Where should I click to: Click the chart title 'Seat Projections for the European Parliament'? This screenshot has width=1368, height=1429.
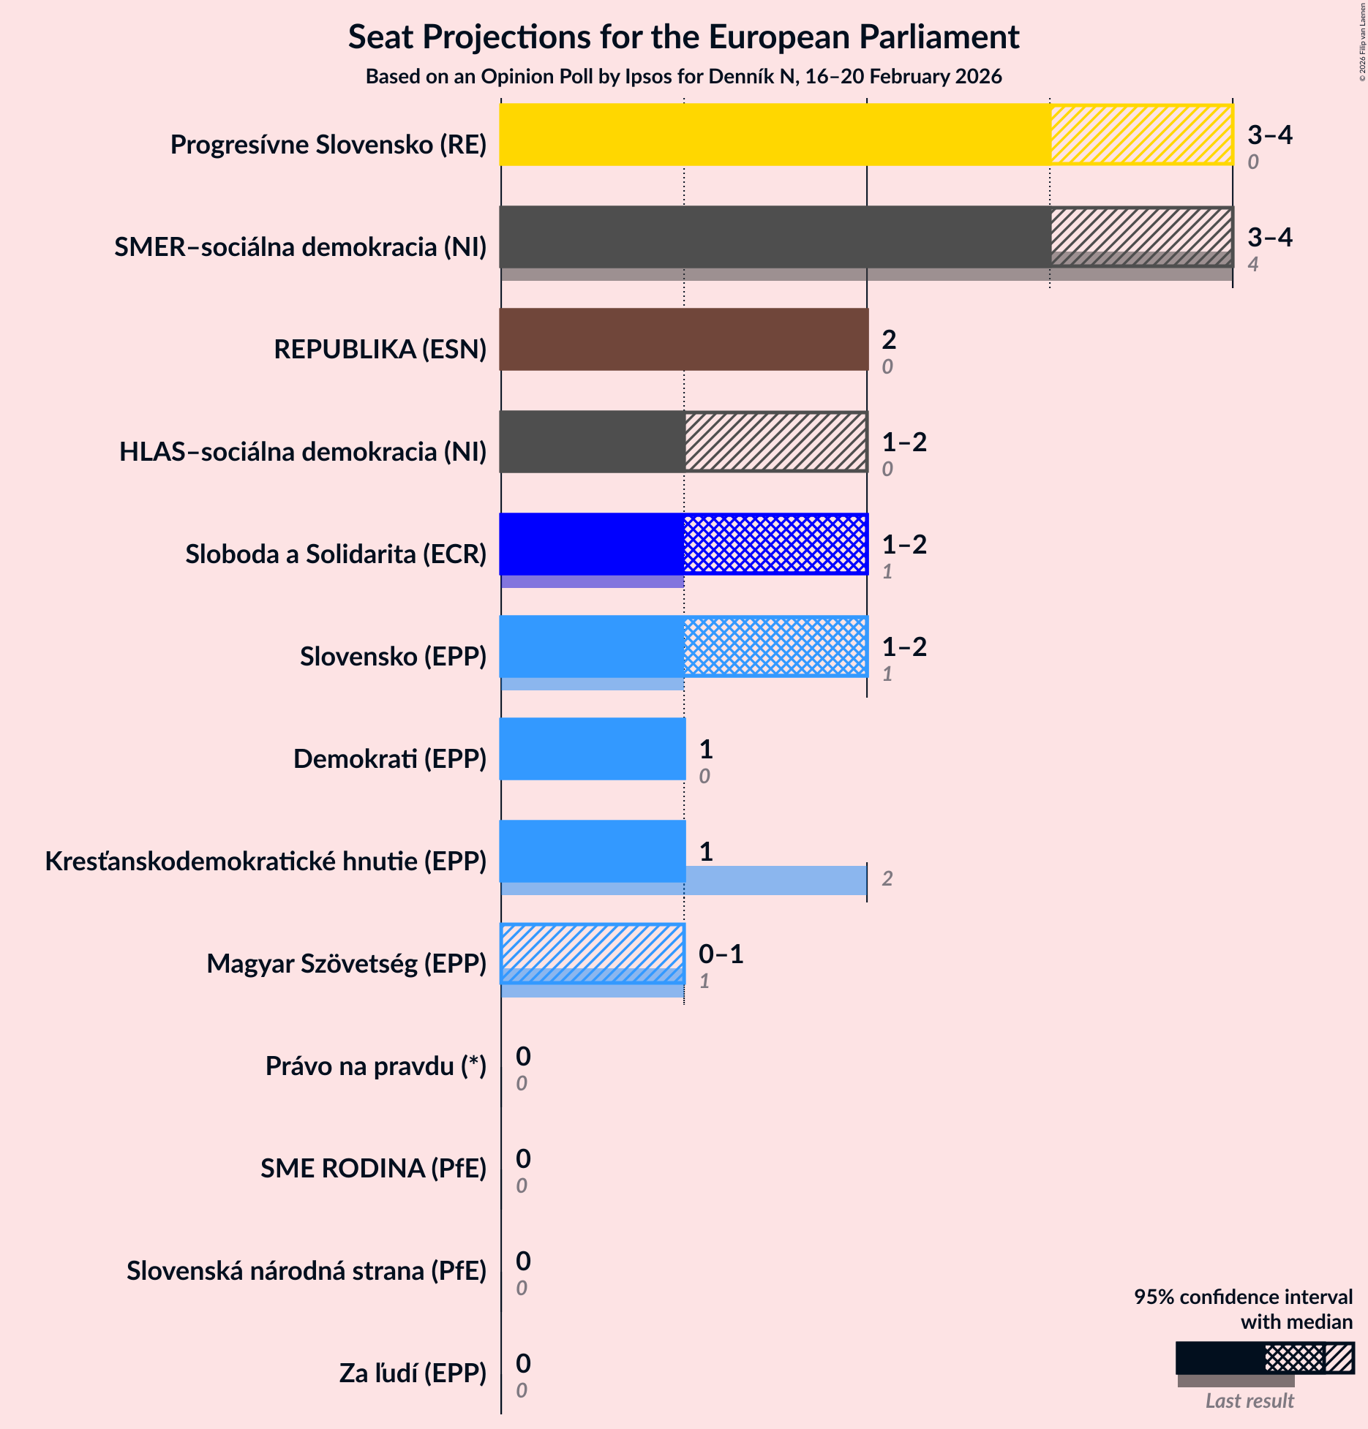683,37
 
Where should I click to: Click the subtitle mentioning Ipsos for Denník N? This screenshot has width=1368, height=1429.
683,77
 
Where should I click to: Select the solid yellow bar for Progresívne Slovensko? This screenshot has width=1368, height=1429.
774,135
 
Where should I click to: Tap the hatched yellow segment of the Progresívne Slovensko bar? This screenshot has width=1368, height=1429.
1141,135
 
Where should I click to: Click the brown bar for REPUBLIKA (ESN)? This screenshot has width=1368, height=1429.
683,339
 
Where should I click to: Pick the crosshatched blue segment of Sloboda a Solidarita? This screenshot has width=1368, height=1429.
775,544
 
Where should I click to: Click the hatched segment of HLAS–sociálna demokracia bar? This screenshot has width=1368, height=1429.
775,442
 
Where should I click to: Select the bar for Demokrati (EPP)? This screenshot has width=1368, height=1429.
593,749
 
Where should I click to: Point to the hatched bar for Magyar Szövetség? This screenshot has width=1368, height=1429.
593,949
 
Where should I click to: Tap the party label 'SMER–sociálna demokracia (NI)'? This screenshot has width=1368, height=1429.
300,247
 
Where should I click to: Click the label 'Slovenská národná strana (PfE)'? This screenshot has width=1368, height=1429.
306,1271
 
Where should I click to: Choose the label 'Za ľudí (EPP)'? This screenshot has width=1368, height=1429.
413,1373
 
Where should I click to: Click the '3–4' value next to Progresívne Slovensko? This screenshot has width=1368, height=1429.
1269,135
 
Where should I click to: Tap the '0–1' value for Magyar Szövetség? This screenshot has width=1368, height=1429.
721,954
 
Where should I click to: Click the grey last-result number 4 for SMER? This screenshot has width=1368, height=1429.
1252,265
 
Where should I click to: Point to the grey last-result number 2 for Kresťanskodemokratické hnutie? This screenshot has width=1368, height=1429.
887,879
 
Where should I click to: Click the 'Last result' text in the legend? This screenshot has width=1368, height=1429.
1249,1401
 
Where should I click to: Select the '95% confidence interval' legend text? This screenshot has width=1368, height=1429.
1243,1297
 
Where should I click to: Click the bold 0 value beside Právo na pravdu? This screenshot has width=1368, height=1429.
523,1056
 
